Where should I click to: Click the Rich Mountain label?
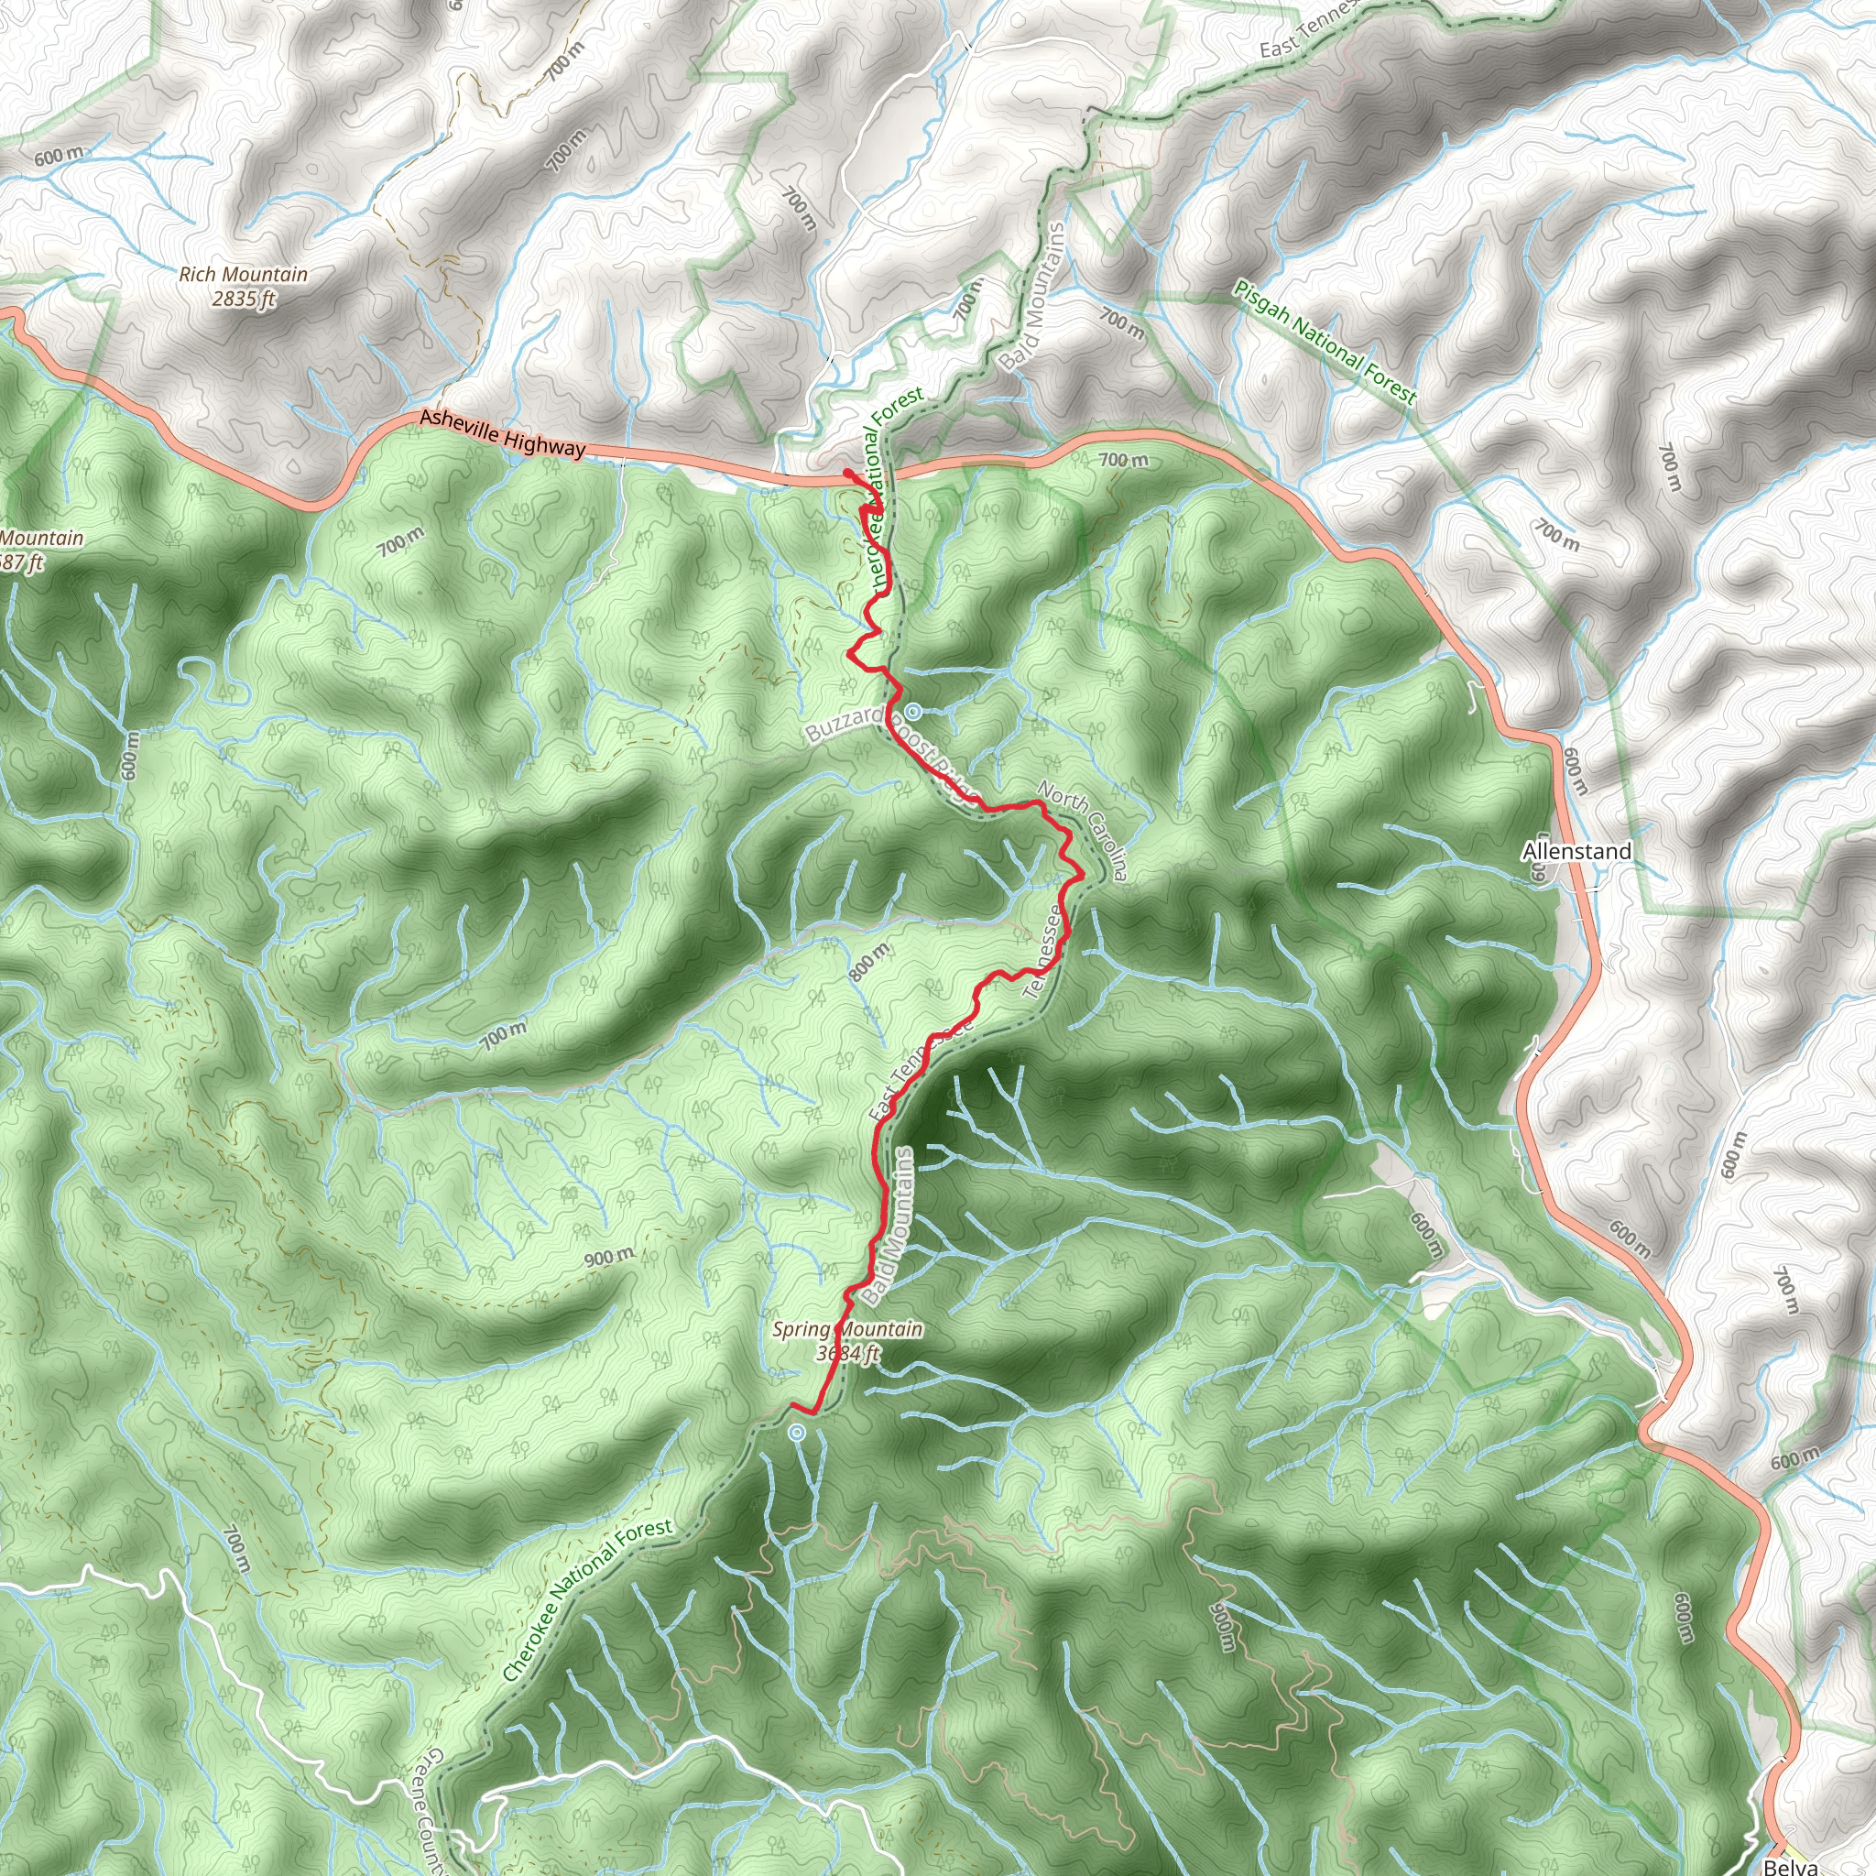[243, 275]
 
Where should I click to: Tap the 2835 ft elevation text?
[244, 299]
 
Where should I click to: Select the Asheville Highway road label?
[502, 433]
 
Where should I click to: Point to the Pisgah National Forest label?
[1325, 342]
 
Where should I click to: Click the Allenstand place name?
[1576, 852]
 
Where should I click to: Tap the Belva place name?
[1791, 1866]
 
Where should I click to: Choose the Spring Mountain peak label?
[847, 1328]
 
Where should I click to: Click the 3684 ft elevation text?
[847, 1353]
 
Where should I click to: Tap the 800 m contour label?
[867, 963]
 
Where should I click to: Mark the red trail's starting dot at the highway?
[846, 473]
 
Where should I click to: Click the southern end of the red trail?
[792, 1405]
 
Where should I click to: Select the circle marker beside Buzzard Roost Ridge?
[913, 711]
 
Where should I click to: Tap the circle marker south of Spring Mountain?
[797, 1432]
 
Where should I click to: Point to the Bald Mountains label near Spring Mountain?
[889, 1226]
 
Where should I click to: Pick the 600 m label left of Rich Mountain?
[59, 156]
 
